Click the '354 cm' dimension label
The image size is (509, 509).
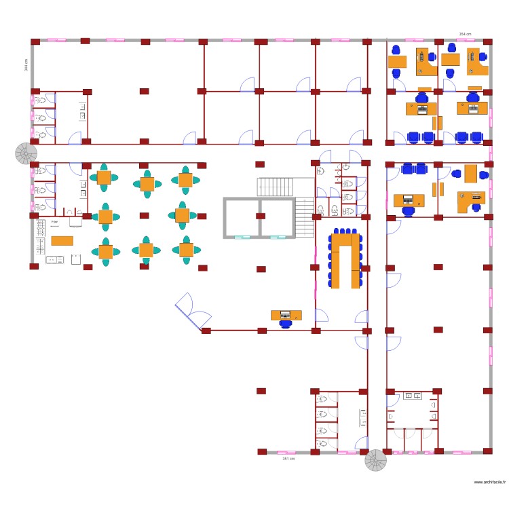point(465,33)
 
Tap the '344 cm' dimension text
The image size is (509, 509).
point(26,64)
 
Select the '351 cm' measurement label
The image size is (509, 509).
point(288,459)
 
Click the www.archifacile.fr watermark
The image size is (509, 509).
point(490,482)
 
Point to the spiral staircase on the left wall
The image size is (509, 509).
point(26,153)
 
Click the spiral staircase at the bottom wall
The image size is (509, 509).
point(375,460)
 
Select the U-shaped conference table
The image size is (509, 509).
point(345,260)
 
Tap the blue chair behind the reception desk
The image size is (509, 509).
point(286,324)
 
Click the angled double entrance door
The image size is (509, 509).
point(192,309)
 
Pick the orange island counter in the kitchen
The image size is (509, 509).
point(62,240)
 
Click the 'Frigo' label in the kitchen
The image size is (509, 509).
point(54,222)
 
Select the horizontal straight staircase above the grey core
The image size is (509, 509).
point(275,187)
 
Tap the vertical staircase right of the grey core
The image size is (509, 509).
point(305,217)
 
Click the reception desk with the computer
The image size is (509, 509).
point(286,315)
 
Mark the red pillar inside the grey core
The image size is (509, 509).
point(260,216)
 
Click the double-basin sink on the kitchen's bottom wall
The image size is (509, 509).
point(55,259)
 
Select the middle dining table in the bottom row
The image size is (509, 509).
point(146,250)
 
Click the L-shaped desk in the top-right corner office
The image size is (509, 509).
point(478,62)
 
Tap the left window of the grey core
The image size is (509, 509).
point(242,237)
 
